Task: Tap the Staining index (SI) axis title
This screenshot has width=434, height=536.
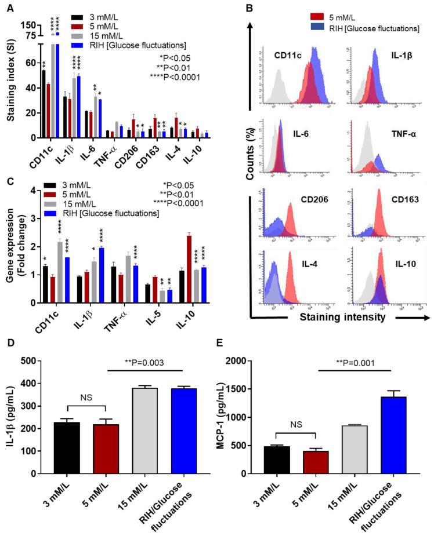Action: tap(10, 87)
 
